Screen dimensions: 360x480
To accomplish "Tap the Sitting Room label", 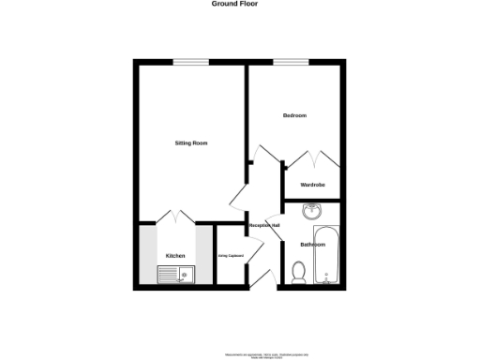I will [191, 142].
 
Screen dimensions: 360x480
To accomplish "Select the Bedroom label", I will [295, 115].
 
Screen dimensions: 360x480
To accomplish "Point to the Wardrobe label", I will [312, 185].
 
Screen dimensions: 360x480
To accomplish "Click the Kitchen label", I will [175, 256].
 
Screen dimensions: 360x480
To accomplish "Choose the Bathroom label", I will [312, 244].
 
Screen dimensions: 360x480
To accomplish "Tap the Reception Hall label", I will [263, 226].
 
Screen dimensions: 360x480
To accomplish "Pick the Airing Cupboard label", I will [231, 255].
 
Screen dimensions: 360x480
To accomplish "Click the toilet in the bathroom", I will [299, 272].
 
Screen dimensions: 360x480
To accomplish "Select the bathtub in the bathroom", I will [327, 254].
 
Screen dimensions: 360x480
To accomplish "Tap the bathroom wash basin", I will [311, 212].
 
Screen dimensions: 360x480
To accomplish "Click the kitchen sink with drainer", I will [176, 275].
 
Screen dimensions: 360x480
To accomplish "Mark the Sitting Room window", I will [190, 63].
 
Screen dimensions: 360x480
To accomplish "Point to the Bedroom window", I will [292, 63].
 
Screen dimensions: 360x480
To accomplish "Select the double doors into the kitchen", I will [175, 216].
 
